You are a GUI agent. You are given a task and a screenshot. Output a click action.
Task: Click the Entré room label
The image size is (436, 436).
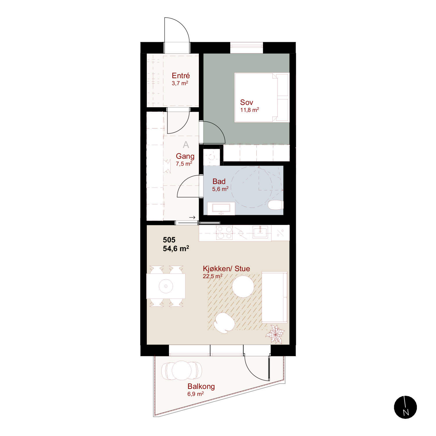[x=181, y=76]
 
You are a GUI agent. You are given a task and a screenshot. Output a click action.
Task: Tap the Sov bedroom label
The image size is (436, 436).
[x=246, y=102]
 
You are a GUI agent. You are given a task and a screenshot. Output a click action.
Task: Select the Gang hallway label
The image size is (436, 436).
[x=185, y=156]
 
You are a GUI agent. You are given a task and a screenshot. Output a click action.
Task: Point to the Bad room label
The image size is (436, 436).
[x=219, y=181]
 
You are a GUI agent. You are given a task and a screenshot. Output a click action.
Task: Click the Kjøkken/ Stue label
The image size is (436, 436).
[x=226, y=269]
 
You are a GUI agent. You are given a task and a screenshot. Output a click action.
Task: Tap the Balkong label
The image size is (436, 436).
[x=201, y=387]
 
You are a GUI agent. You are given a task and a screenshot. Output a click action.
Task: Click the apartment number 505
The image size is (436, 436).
[x=169, y=240]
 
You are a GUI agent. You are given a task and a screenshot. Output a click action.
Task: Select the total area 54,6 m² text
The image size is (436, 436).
[x=176, y=249]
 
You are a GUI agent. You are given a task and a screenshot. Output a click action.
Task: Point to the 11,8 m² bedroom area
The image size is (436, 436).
[x=249, y=110]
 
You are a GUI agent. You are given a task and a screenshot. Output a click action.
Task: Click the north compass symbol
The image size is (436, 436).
[x=405, y=407]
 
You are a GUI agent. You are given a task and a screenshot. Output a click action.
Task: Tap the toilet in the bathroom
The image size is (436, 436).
[x=276, y=205]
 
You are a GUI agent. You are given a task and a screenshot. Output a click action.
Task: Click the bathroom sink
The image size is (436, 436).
[x=221, y=208]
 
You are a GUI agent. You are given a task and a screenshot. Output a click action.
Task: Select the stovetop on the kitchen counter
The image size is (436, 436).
[x=224, y=233]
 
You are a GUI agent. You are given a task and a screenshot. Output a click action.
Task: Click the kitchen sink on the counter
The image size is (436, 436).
[x=260, y=232]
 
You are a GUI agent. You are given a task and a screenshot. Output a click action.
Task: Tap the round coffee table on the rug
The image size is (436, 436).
[x=243, y=287]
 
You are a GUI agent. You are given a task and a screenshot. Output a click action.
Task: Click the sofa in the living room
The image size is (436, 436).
[x=274, y=297]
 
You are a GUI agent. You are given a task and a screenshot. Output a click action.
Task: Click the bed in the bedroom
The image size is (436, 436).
[x=262, y=97]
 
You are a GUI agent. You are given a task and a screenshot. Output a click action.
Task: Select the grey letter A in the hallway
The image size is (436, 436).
[x=186, y=144]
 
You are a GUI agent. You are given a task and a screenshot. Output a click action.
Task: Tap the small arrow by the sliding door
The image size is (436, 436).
[x=192, y=217]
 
